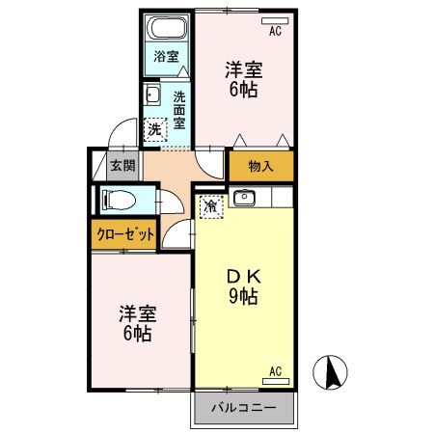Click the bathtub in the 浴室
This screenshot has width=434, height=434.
[167, 27]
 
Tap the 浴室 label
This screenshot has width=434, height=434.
[167, 56]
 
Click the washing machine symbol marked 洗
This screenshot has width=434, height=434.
[155, 128]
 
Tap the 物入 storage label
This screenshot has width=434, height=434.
[260, 166]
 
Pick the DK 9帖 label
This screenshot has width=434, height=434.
[242, 285]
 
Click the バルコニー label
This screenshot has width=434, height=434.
[245, 407]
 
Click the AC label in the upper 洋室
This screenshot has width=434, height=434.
[275, 31]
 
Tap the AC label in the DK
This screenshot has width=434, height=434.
[275, 370]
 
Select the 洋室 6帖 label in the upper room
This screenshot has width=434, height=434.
[245, 79]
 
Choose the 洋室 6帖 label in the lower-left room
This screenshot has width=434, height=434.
[137, 324]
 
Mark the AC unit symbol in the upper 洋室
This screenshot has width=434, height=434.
[275, 19]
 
